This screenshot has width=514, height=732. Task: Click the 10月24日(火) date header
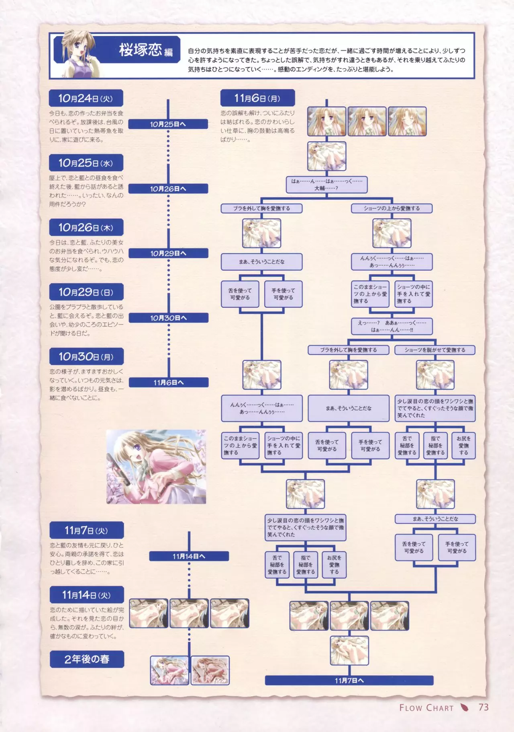coord(86,98)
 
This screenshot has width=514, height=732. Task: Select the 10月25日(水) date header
coord(86,163)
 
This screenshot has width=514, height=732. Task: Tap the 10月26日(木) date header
coord(86,227)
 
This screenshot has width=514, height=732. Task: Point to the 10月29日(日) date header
coord(86,292)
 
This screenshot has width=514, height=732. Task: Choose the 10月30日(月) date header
coord(86,356)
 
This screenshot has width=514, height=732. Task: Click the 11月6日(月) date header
coord(257,98)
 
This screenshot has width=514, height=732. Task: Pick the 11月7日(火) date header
coord(86,530)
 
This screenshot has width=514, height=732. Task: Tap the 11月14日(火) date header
coord(86,595)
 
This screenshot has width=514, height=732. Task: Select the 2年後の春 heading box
coord(87,659)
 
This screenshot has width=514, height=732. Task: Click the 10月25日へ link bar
coord(168,124)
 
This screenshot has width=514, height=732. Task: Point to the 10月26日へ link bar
coord(168,189)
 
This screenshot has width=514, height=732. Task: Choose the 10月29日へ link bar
coord(168,253)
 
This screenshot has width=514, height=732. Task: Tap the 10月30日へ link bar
coord(168,318)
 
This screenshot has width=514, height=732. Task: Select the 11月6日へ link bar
coord(169,382)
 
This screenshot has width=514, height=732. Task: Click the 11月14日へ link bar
coord(189,556)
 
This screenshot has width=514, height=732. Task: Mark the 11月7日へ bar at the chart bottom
coord(349,681)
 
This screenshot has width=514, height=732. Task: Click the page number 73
coord(483,707)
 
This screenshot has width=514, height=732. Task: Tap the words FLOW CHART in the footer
coord(426,708)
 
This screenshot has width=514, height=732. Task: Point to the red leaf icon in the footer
coord(464,707)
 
